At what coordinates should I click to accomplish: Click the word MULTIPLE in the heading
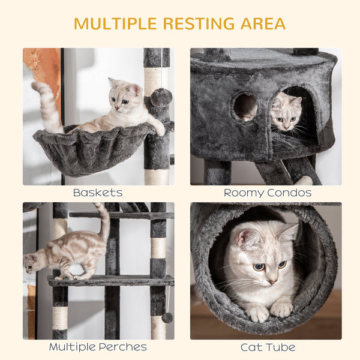coord(114,24)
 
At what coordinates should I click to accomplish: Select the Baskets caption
coord(98,193)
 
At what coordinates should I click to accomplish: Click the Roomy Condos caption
coord(267,193)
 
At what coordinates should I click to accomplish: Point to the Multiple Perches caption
coord(98,347)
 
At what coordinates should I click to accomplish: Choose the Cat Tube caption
coord(268,347)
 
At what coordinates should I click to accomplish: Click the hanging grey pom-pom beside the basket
coord(161,97)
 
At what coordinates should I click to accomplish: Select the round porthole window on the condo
coord(245,107)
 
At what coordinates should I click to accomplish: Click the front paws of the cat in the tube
coord(270,311)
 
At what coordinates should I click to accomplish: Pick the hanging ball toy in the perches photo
coord(167,317)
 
